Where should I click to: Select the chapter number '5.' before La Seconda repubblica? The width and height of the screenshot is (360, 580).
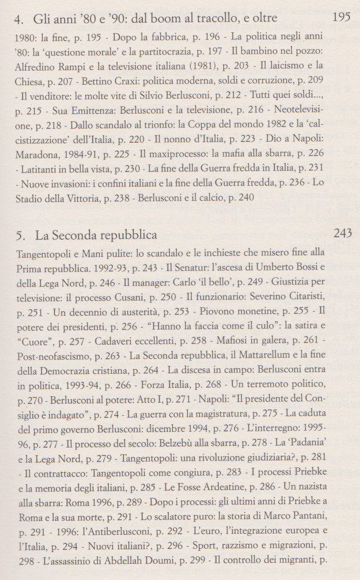(x=22, y=235)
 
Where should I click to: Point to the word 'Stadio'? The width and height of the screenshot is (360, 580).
(x=31, y=183)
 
